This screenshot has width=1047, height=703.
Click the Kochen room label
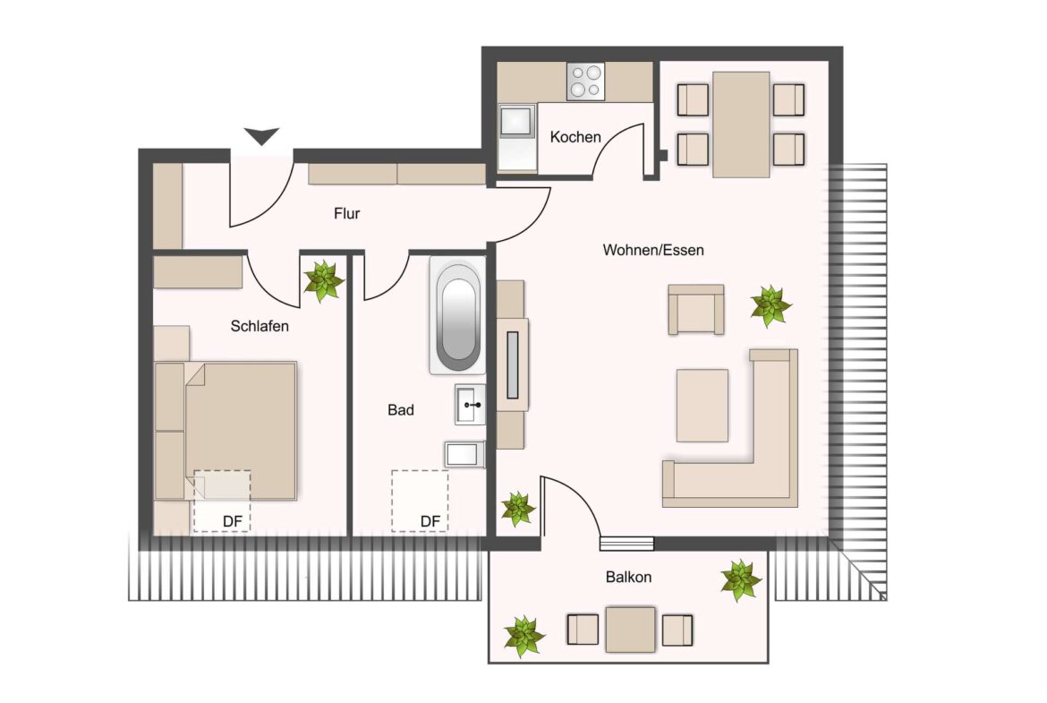pyautogui.click(x=575, y=137)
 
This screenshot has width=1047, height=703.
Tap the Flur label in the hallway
pyautogui.click(x=346, y=214)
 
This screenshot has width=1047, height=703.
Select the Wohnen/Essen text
pyautogui.click(x=652, y=250)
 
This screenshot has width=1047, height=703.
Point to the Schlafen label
pyautogui.click(x=260, y=327)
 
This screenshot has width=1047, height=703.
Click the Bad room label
pyautogui.click(x=400, y=410)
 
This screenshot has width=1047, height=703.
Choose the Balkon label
pyautogui.click(x=628, y=578)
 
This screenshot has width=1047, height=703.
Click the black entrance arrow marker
pyautogui.click(x=262, y=137)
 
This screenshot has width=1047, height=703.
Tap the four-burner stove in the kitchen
pyautogui.click(x=586, y=81)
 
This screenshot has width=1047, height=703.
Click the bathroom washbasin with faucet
pyautogui.click(x=470, y=405)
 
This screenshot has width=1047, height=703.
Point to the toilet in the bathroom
pyautogui.click(x=464, y=455)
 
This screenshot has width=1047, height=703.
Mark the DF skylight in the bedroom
pyautogui.click(x=222, y=501)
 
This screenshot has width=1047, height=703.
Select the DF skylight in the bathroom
pyautogui.click(x=420, y=501)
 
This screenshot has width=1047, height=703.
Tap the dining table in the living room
pyautogui.click(x=741, y=124)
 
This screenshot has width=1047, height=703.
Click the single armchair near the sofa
pyautogui.click(x=696, y=310)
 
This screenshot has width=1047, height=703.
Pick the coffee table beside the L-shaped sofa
pyautogui.click(x=702, y=405)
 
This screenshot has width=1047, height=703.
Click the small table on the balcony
pyautogui.click(x=630, y=630)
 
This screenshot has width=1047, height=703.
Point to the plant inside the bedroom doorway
pyautogui.click(x=323, y=280)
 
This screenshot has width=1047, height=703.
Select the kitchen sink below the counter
pyautogui.click(x=516, y=135)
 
